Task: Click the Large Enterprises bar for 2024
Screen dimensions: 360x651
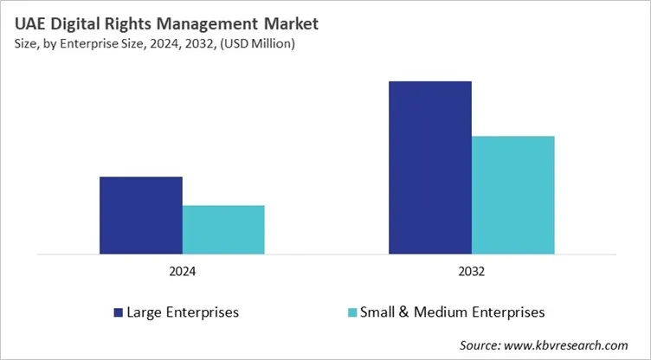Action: [140, 215]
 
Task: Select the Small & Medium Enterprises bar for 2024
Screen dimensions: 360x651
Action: [223, 230]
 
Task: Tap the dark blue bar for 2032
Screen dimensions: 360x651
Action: [430, 168]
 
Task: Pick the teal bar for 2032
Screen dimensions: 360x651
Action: [512, 195]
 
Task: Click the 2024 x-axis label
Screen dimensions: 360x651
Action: [182, 272]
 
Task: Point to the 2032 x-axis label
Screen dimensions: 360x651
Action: [472, 272]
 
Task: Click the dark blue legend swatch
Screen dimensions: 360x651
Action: [119, 312]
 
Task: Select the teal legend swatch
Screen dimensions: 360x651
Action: [351, 312]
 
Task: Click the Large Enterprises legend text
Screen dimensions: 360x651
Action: [183, 312]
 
